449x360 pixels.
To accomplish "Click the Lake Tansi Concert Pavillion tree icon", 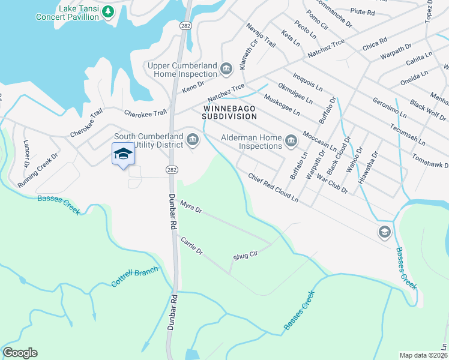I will (108, 11).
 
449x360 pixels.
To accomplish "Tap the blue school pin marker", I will (123, 154).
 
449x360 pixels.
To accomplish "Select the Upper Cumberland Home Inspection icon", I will (226, 70).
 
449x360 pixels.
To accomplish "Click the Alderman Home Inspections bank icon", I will (291, 142).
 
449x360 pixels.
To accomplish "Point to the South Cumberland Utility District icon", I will (192, 141).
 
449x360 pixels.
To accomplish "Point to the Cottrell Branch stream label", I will (134, 277).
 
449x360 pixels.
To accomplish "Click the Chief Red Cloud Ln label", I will (273, 187).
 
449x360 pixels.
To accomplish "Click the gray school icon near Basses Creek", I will (384, 232).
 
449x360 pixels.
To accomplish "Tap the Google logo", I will (20, 353).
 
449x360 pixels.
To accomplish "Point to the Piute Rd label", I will (362, 12).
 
